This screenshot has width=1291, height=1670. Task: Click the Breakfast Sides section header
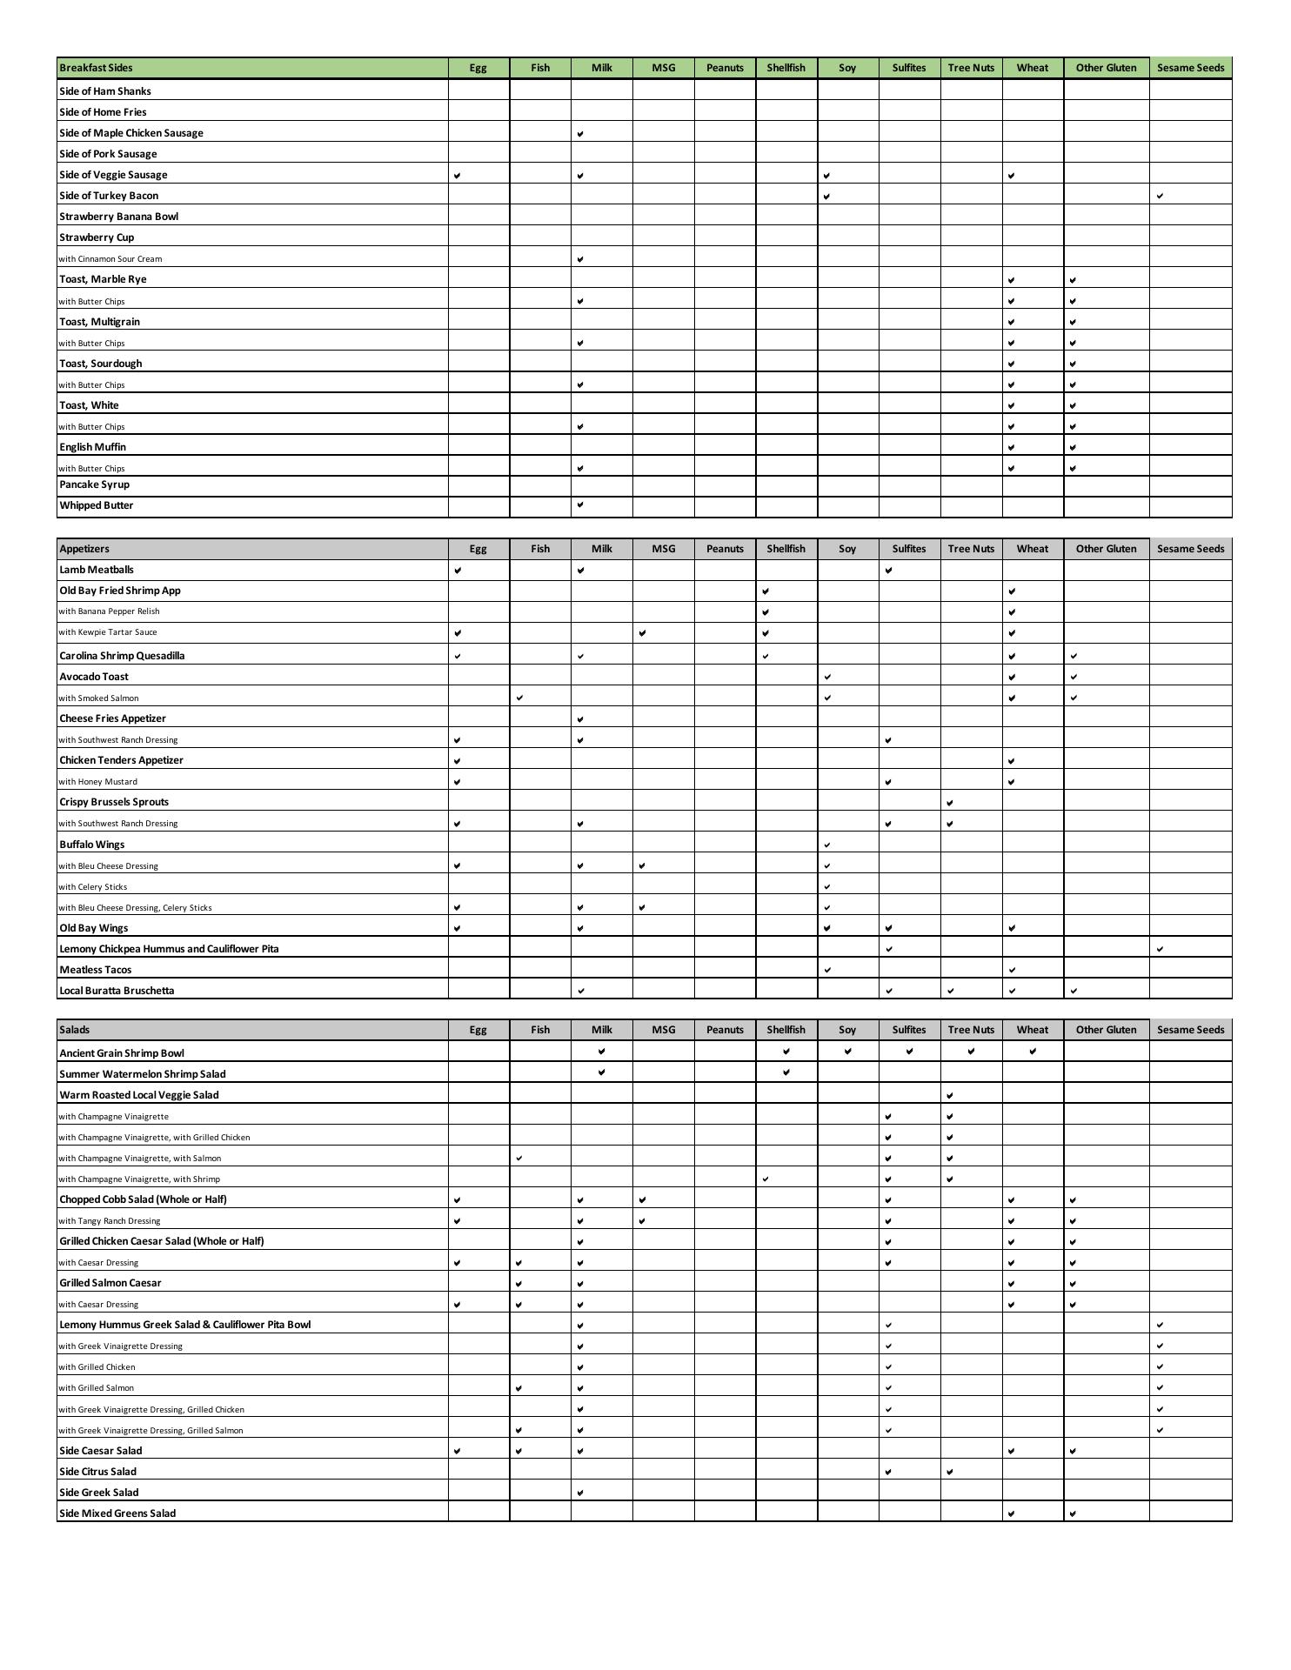[97, 68]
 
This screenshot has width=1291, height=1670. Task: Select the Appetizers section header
[85, 549]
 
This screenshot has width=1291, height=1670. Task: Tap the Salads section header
[75, 1030]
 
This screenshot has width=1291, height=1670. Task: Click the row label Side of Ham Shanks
[105, 91]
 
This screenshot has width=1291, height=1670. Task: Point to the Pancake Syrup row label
[95, 484]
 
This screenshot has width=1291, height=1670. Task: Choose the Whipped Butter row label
[97, 505]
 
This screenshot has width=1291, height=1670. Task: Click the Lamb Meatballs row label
[97, 570]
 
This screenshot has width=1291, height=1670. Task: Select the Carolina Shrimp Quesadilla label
[122, 656]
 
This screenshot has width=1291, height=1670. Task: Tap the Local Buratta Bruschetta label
[117, 991]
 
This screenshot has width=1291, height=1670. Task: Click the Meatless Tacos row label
[96, 970]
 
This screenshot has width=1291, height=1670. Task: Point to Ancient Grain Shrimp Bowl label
[122, 1053]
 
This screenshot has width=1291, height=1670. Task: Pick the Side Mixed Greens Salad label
[117, 1513]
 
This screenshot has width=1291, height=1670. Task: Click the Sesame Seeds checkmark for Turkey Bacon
[1160, 197]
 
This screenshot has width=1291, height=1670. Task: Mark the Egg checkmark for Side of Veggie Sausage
[458, 176]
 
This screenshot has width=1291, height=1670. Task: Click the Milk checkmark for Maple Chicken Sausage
[580, 134]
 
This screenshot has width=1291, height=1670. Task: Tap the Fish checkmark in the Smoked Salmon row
[519, 698]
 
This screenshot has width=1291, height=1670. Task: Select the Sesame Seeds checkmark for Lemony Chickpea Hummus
[1160, 949]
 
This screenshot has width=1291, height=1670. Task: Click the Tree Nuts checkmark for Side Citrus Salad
[950, 1472]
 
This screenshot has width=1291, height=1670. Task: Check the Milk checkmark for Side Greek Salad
[580, 1493]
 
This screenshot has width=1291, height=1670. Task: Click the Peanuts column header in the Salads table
[725, 1030]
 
